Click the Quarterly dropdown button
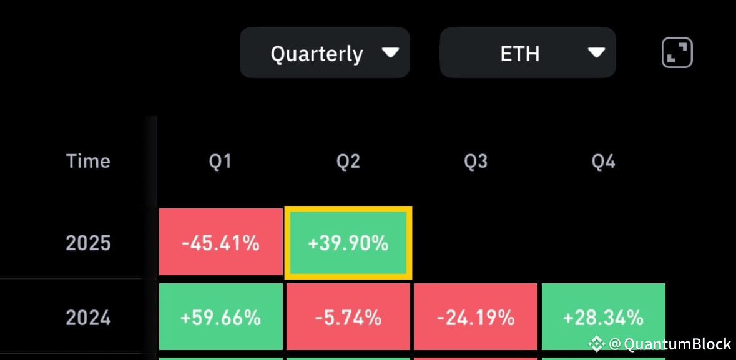[x=325, y=52]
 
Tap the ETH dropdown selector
[x=527, y=52]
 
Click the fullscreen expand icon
[x=677, y=52]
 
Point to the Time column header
[x=88, y=162]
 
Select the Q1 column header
[x=220, y=162]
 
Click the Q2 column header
[x=348, y=162]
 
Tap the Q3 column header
[x=476, y=162]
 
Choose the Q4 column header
[x=603, y=162]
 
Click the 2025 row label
[x=88, y=243]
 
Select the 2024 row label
[x=88, y=318]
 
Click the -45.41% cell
[x=220, y=241]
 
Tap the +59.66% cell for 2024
[x=220, y=317]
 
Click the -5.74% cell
[x=348, y=317]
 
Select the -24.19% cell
[x=476, y=317]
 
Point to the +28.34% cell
[x=604, y=317]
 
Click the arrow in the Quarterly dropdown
[x=391, y=52]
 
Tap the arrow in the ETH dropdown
[x=597, y=52]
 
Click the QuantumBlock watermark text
[x=670, y=344]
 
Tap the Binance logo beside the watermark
[x=597, y=344]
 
